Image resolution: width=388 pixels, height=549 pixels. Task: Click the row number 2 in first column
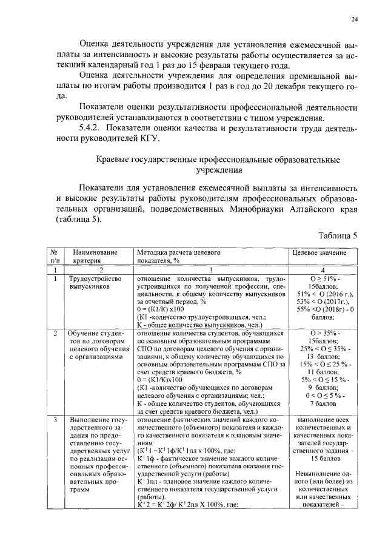click(55, 334)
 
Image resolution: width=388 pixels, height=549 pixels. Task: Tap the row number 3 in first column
click(55, 419)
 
